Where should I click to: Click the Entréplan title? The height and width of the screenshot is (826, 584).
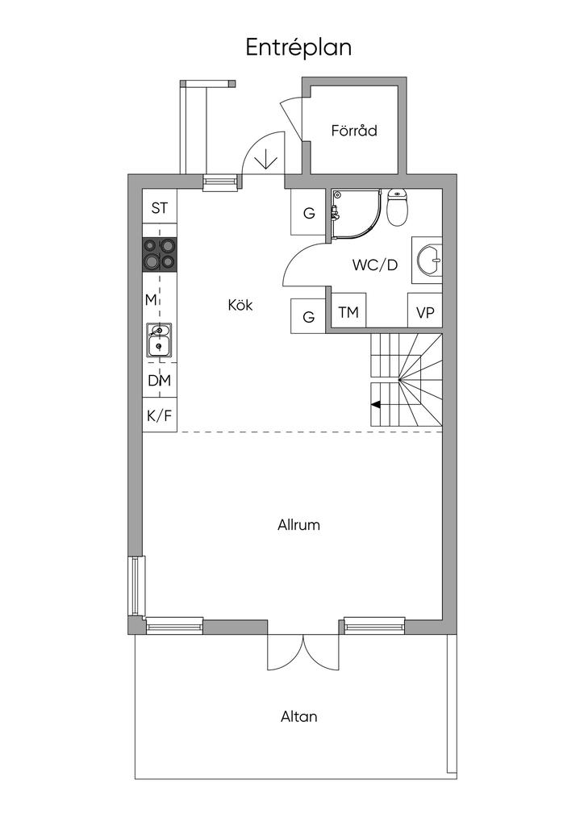[298, 48]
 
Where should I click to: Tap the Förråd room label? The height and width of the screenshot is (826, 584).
[354, 130]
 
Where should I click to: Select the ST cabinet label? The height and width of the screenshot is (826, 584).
[160, 208]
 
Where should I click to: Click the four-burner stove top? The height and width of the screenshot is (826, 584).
[160, 254]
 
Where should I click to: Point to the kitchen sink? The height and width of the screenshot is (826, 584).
[159, 340]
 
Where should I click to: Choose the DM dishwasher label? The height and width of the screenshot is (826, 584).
[160, 381]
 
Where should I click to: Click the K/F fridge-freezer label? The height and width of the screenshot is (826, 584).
[160, 416]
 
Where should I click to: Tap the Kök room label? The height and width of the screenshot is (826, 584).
[240, 304]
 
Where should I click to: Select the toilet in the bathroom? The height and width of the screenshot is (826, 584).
[398, 207]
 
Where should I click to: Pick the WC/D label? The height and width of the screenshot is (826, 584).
[375, 265]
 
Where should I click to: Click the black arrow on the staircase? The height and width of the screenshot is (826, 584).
[376, 405]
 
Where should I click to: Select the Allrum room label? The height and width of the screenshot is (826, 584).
[298, 525]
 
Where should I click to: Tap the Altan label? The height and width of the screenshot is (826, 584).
[298, 716]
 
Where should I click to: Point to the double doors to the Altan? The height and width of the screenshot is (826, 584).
[303, 652]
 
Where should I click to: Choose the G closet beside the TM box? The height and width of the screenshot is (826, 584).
[309, 316]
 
